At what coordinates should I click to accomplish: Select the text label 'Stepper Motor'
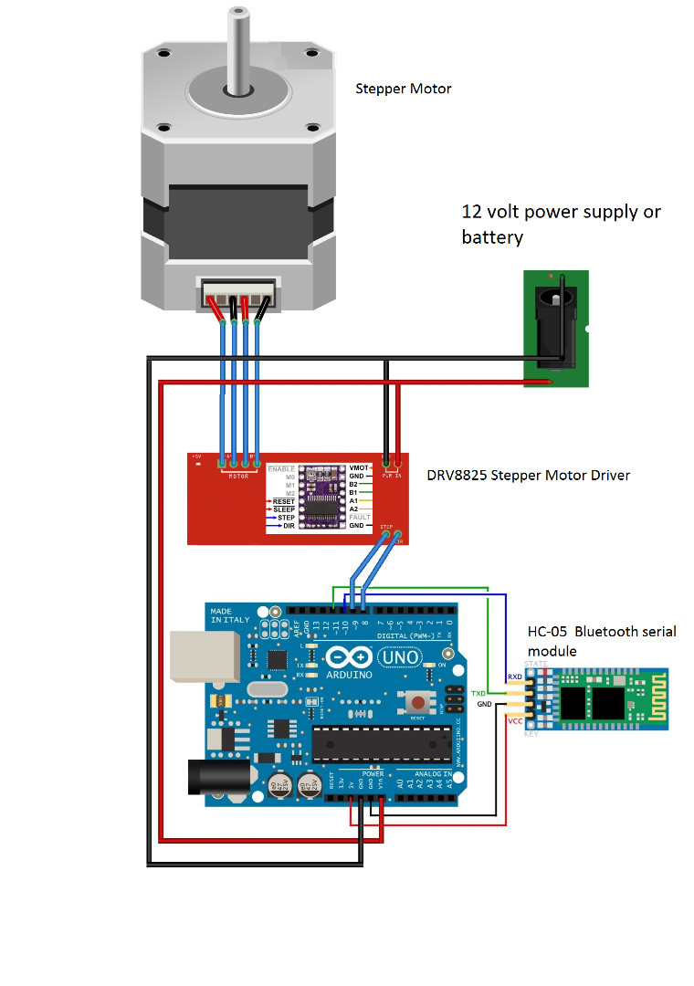(403, 89)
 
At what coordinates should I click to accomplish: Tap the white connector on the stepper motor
(238, 299)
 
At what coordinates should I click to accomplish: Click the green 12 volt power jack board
(556, 330)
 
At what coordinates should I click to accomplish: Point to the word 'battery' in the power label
(492, 237)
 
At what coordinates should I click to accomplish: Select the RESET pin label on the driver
(283, 501)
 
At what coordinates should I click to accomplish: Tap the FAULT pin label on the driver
(360, 518)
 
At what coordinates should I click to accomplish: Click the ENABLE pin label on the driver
(281, 468)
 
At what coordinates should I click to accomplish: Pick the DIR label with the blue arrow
(287, 526)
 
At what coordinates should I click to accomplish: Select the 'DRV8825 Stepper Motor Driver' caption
(528, 476)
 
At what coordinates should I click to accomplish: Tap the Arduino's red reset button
(417, 703)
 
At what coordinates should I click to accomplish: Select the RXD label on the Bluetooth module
(515, 677)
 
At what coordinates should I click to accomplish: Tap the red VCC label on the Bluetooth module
(515, 720)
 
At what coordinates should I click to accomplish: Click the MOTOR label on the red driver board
(238, 476)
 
